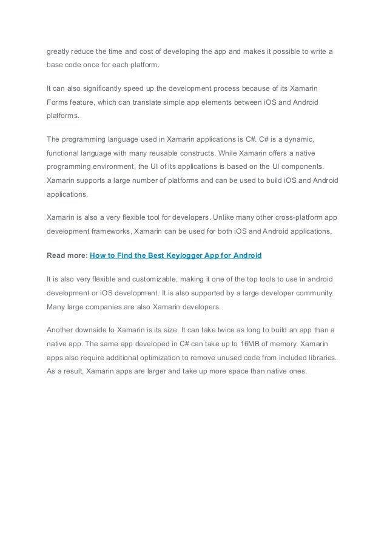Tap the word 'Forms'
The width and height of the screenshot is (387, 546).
(58, 103)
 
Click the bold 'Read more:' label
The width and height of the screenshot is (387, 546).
(67, 255)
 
